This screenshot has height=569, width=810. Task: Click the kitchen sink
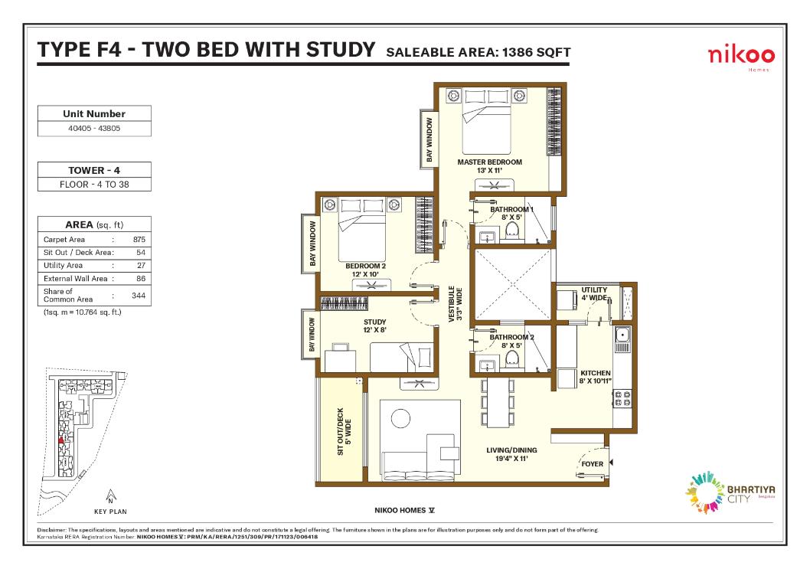[622, 334]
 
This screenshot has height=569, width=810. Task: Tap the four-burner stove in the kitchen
[622, 397]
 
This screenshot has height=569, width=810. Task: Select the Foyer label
[593, 464]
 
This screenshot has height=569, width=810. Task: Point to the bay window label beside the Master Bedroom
[429, 139]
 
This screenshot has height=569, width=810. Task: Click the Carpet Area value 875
[139, 240]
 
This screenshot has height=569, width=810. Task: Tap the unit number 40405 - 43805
[94, 129]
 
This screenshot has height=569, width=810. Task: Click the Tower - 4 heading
[94, 171]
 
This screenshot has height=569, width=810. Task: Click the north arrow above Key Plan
[111, 494]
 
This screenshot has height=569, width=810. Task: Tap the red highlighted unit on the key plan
[61, 440]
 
